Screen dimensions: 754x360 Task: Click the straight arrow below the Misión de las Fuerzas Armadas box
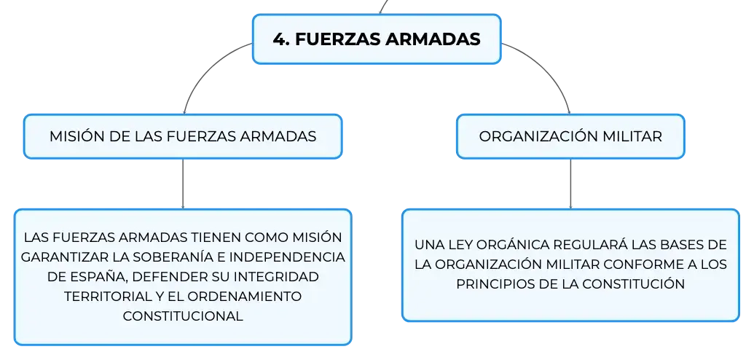(x=183, y=184)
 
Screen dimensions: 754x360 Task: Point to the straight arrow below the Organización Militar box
(x=571, y=184)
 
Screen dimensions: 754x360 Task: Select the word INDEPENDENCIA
(x=287, y=257)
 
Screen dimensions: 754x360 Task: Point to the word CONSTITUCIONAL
(x=183, y=316)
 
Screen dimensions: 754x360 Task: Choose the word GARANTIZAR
(x=59, y=257)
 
